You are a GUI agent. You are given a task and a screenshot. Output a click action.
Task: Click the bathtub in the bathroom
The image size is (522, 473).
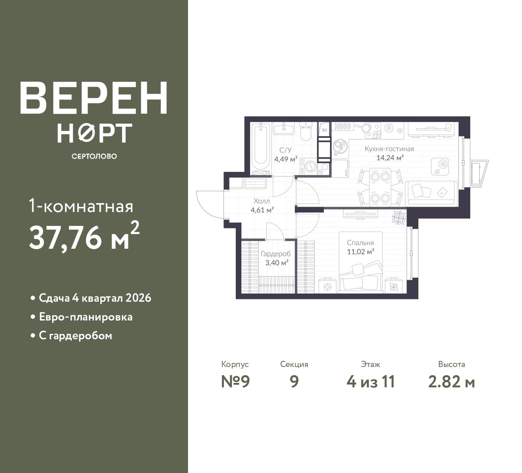click(261, 147)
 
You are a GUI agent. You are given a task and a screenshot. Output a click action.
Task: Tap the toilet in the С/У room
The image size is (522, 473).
click(306, 131)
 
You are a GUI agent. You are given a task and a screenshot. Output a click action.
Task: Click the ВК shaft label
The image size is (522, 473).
click(325, 130)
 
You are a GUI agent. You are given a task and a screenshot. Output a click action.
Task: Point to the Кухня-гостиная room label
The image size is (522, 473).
click(389, 149)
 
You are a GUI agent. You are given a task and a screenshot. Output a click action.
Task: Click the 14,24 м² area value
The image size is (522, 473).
click(390, 158)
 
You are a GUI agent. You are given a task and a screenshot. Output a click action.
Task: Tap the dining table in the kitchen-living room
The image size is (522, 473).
click(380, 187)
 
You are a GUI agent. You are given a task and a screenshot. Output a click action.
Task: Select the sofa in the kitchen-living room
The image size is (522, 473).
click(431, 193)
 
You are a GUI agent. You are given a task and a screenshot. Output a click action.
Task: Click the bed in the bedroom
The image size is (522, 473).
click(361, 262)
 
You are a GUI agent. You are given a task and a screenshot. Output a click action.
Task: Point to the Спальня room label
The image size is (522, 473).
click(361, 243)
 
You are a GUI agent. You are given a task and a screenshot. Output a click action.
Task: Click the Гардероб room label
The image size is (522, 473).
click(276, 254)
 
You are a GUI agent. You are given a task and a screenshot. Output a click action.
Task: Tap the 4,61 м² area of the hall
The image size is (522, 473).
click(262, 210)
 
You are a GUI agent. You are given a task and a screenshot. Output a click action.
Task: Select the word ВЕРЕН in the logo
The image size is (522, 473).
click(94, 98)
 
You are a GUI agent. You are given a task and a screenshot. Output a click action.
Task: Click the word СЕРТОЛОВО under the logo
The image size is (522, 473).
click(94, 156)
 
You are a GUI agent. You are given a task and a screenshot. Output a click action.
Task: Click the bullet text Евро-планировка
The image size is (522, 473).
click(86, 317)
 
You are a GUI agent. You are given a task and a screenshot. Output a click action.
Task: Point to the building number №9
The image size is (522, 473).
click(235, 382)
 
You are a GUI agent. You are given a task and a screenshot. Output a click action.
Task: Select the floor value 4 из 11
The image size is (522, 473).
click(371, 382)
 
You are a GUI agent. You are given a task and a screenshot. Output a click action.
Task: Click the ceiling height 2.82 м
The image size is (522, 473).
click(452, 382)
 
